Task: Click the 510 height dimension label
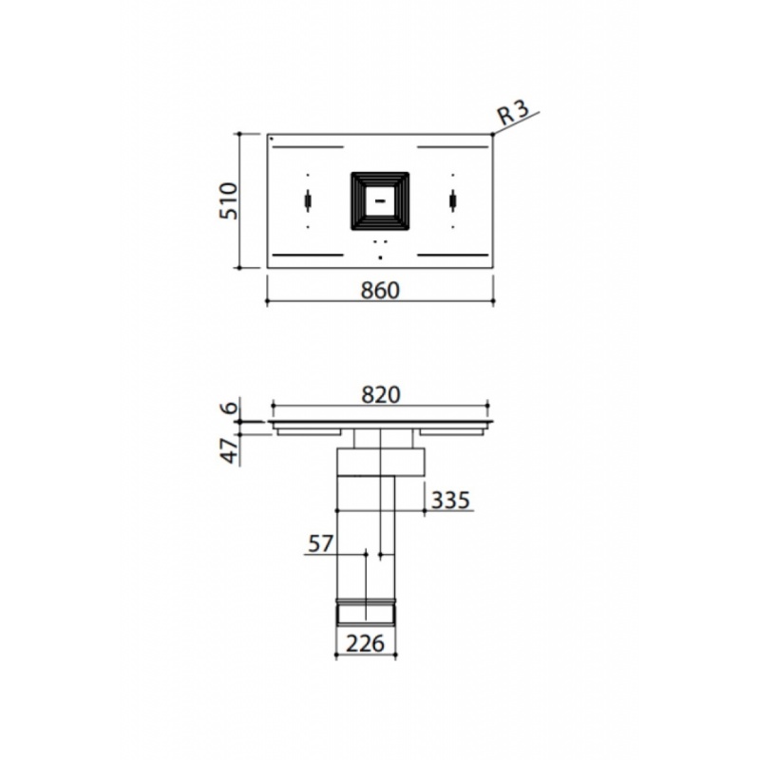[x=228, y=201]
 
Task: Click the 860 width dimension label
[x=381, y=291]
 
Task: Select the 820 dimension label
[x=381, y=395]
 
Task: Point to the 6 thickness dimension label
[x=231, y=407]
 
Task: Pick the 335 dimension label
[x=450, y=500]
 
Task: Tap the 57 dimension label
[x=321, y=543]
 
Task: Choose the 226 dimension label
[x=366, y=644]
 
